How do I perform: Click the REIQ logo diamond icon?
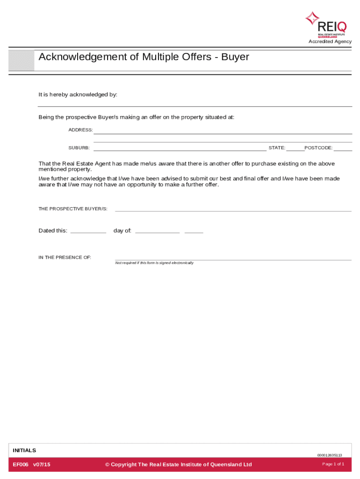point(312,18)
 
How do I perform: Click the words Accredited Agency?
point(330,42)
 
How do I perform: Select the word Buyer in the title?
point(235,57)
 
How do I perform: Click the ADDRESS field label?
point(80,130)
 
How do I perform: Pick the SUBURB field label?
point(79,148)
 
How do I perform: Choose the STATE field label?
point(277,148)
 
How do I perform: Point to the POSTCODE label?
point(318,148)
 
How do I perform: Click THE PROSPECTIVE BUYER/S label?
point(73,209)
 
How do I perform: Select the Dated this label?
point(53,231)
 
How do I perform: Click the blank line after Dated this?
point(88,232)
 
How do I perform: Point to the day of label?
point(122,231)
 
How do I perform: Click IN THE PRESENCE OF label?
point(65,258)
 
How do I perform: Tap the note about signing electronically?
point(154,263)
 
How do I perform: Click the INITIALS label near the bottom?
point(24,450)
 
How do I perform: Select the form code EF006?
point(21,464)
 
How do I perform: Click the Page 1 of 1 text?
point(333,464)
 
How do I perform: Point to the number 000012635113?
point(330,455)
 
